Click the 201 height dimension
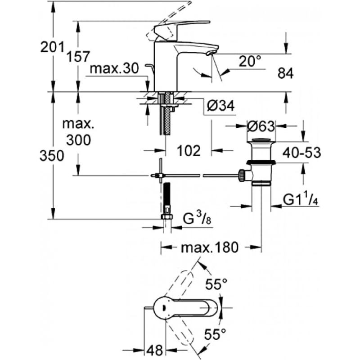pyautogui.click(x=50, y=46)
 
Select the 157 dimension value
pyautogui.click(x=78, y=57)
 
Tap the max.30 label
pyautogui.click(x=113, y=69)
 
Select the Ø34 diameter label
pyautogui.click(x=220, y=106)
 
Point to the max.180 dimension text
pyautogui.click(x=211, y=247)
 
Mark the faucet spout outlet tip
pyautogui.click(x=210, y=53)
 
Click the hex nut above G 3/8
pyautogui.click(x=166, y=216)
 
